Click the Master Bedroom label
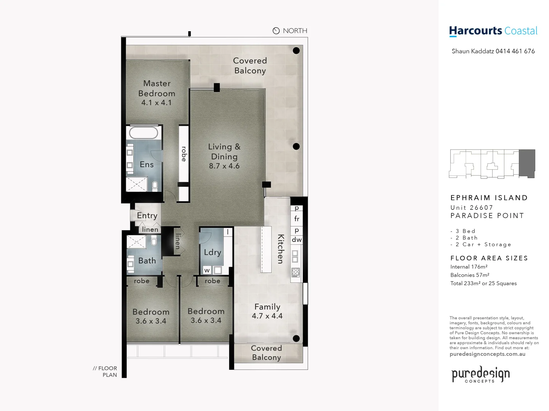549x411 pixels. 157,88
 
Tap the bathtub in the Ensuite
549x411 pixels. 143,133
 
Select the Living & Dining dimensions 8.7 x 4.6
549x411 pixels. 224,166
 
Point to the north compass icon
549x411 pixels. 276,31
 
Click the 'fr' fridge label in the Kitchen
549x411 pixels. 297,219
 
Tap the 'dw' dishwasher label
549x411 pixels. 297,240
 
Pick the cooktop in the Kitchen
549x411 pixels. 295,272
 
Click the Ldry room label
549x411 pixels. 212,252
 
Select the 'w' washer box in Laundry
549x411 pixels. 207,271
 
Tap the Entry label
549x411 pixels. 147,216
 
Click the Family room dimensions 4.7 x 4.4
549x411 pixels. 267,316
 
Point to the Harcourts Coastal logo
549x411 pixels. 493,31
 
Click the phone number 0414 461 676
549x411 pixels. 515,51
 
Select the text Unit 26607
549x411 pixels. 472,207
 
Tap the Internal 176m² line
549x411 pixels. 469,267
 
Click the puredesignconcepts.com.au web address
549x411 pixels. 487,354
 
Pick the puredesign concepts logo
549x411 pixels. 480,374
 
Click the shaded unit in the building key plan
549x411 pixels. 527,163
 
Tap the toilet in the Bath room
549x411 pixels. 154,241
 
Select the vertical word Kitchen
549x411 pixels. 281,249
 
